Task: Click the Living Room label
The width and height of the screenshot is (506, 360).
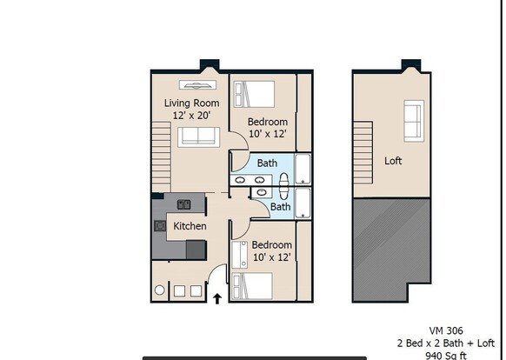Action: pyautogui.click(x=191, y=103)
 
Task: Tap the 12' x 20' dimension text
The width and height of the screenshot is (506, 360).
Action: pyautogui.click(x=191, y=116)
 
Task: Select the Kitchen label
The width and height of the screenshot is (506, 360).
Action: pyautogui.click(x=190, y=226)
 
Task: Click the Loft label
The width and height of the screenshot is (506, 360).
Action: pyautogui.click(x=393, y=161)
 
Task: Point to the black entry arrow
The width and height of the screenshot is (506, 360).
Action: pyautogui.click(x=217, y=298)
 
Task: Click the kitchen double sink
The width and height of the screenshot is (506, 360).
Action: pyautogui.click(x=184, y=204)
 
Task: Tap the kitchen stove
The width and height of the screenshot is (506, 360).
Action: pyautogui.click(x=160, y=226)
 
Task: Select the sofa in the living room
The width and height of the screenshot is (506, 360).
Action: pyautogui.click(x=198, y=137)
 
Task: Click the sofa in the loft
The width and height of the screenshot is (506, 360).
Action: pyautogui.click(x=414, y=121)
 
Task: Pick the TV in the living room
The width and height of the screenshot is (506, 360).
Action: pyautogui.click(x=197, y=85)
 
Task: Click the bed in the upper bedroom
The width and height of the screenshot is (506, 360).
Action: pyautogui.click(x=254, y=94)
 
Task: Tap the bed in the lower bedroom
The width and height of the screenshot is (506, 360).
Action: pyautogui.click(x=252, y=286)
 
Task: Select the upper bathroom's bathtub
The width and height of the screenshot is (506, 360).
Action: pyautogui.click(x=303, y=170)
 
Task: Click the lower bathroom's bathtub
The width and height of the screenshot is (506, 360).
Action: pyautogui.click(x=303, y=203)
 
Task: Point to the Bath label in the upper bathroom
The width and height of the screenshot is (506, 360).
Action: pyautogui.click(x=267, y=163)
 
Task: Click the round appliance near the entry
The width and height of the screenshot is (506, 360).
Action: pyautogui.click(x=159, y=290)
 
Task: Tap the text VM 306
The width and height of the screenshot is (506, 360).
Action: pyautogui.click(x=446, y=330)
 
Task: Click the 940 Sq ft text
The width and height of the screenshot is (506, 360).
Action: pyautogui.click(x=446, y=356)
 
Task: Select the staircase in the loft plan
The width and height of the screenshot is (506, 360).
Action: pyautogui.click(x=363, y=153)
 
